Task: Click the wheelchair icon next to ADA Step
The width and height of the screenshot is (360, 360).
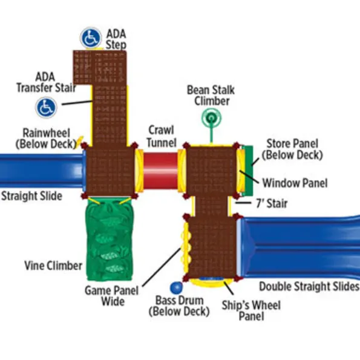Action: click(x=91, y=38)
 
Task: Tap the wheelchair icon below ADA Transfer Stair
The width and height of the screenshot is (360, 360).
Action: click(x=46, y=108)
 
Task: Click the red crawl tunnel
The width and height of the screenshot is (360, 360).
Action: click(x=160, y=171)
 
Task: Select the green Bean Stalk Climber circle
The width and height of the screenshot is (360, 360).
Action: click(x=211, y=118)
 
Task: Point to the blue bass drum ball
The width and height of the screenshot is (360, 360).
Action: click(x=176, y=287)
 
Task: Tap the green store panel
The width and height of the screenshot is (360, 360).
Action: click(x=247, y=171)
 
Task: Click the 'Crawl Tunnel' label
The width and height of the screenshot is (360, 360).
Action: click(x=162, y=136)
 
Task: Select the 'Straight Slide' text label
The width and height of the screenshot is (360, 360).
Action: click(x=31, y=196)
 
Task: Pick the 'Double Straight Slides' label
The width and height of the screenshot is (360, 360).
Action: click(x=309, y=287)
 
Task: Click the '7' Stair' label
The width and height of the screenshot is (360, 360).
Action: click(x=272, y=203)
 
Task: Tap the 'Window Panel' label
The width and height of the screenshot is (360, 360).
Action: click(x=295, y=183)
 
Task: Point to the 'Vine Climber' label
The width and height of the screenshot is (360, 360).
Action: click(x=53, y=266)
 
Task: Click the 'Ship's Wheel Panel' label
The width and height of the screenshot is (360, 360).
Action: click(x=251, y=310)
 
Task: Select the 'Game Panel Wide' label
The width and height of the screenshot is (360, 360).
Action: click(x=112, y=296)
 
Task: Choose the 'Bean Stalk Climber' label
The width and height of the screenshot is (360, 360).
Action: click(x=211, y=96)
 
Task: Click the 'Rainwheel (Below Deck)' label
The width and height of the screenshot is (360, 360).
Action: click(x=46, y=139)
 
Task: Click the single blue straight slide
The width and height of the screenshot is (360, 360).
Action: click(x=42, y=171)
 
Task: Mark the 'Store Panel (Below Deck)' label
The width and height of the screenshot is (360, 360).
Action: click(x=292, y=149)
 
